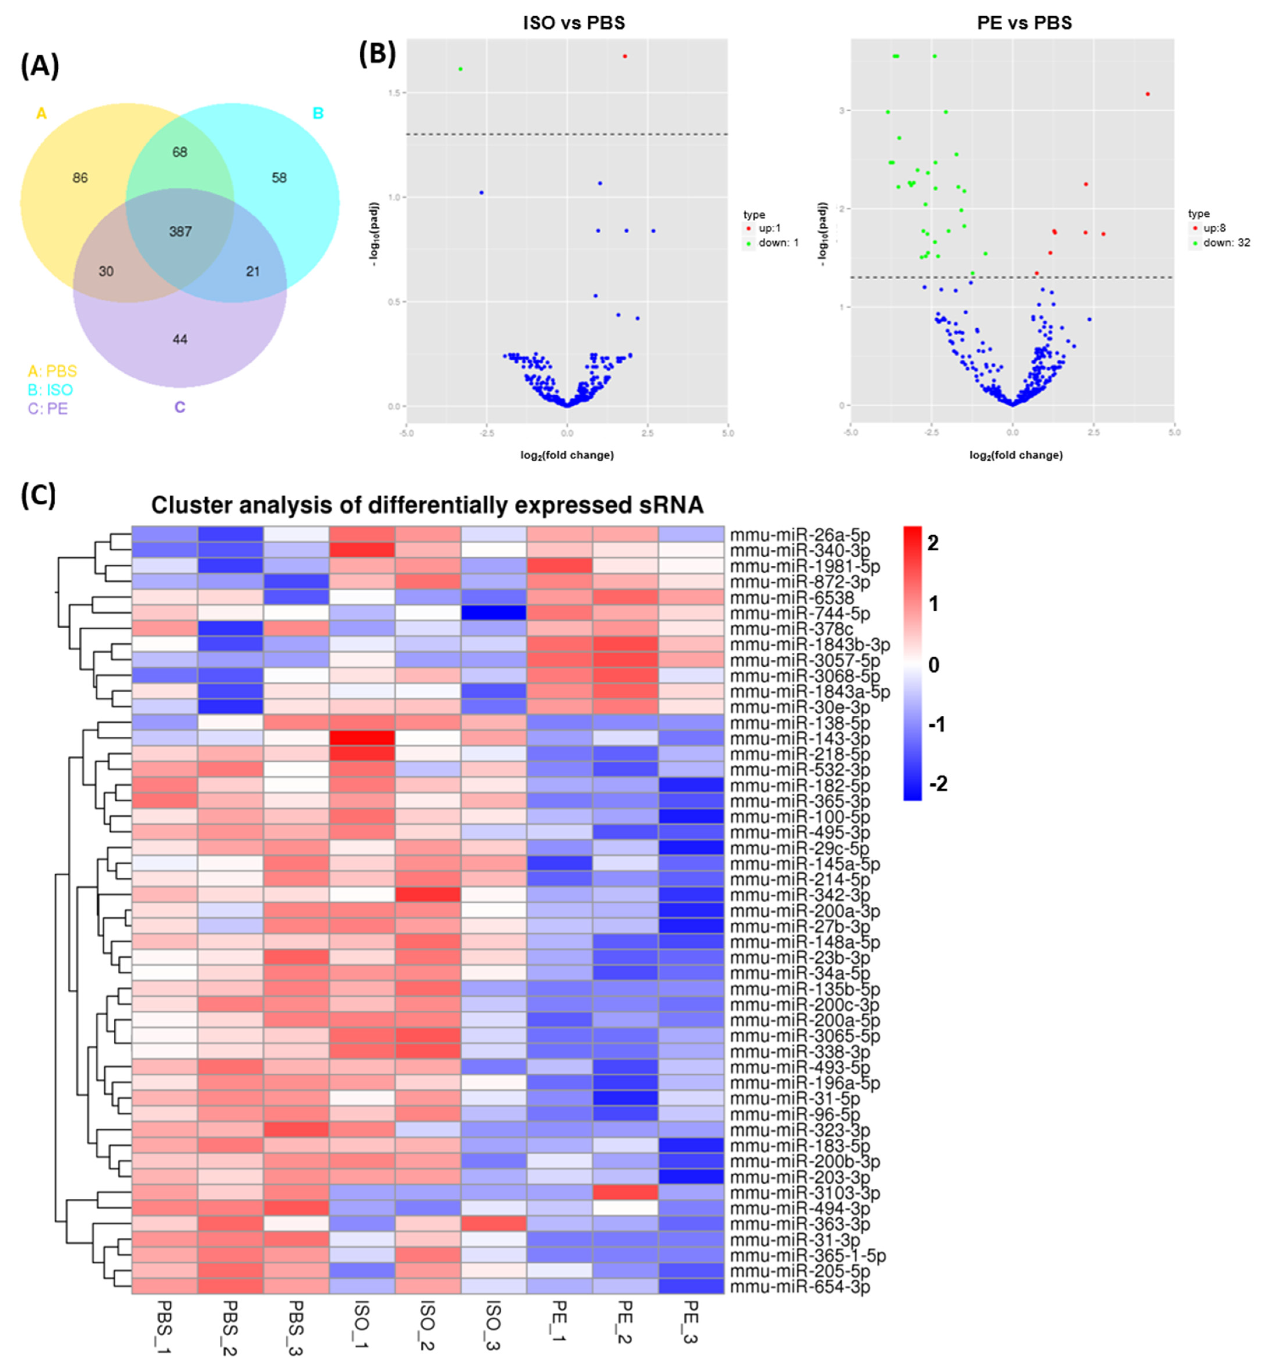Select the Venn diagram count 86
click(80, 178)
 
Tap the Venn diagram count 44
click(180, 339)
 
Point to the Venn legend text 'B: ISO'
click(50, 390)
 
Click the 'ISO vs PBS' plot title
click(574, 23)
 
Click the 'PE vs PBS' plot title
click(1024, 23)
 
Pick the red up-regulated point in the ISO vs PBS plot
click(625, 56)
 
